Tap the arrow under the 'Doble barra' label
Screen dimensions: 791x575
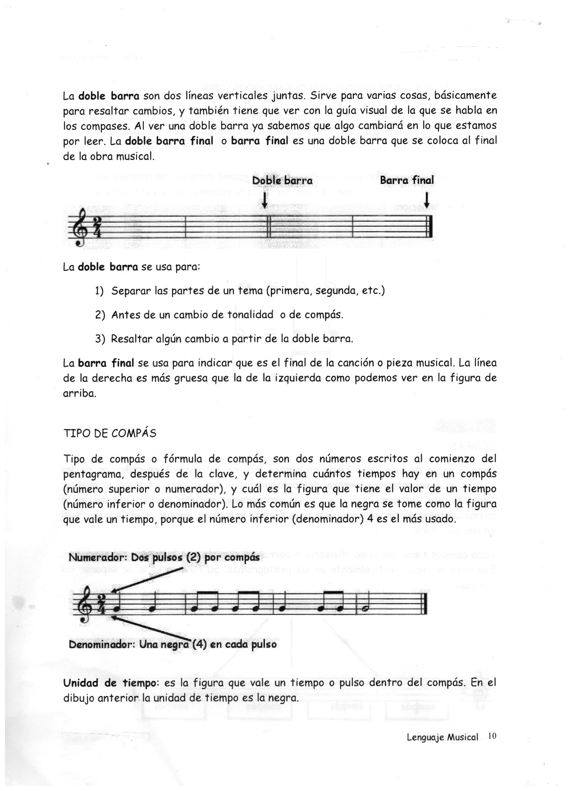[x=265, y=199]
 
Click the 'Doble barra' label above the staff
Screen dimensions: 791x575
[x=282, y=180]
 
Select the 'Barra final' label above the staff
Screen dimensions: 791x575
[x=407, y=180]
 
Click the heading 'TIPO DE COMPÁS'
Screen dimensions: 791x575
[x=110, y=433]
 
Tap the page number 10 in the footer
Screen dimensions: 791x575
[x=491, y=736]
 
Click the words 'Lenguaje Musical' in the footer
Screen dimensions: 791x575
[x=442, y=737]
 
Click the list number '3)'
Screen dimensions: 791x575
[x=100, y=338]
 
